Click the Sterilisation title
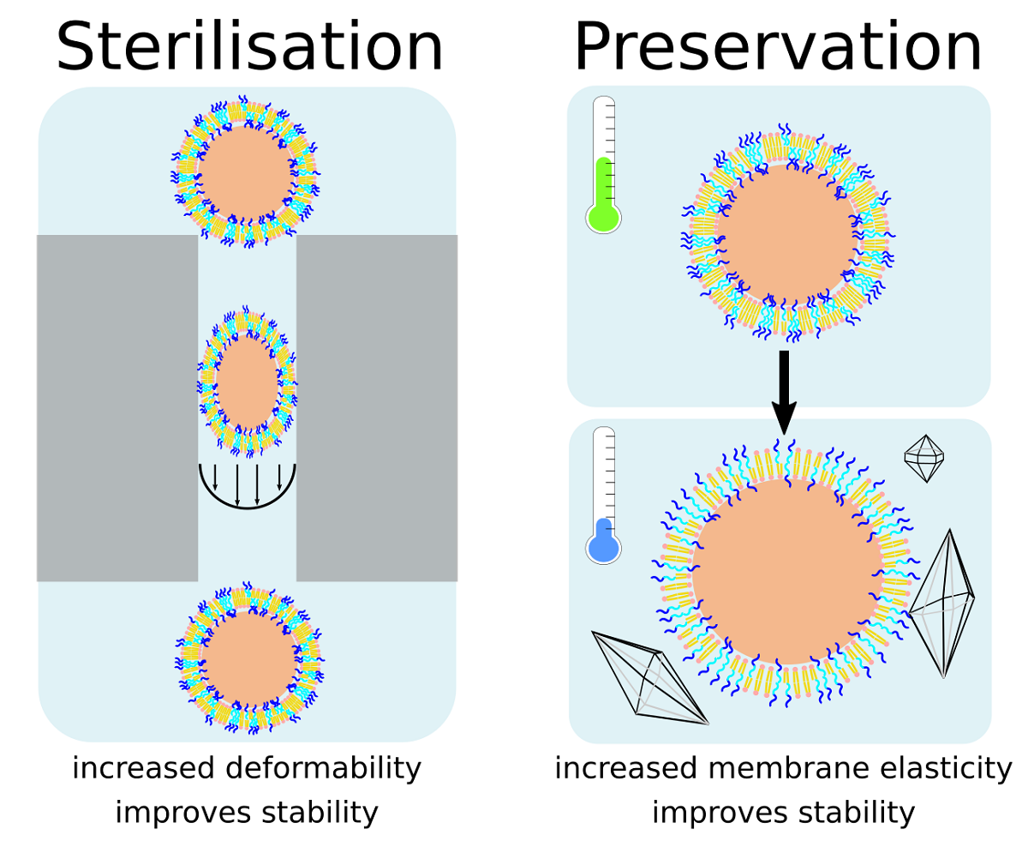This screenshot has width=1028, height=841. (249, 48)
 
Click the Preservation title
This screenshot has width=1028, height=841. (777, 48)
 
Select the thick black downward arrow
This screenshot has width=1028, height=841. (783, 390)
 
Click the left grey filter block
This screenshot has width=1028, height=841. (117, 407)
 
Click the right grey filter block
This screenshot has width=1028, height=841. (377, 407)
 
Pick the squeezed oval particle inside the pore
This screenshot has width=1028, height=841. (248, 380)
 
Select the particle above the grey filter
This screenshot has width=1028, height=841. (246, 171)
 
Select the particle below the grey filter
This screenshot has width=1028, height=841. (249, 659)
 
